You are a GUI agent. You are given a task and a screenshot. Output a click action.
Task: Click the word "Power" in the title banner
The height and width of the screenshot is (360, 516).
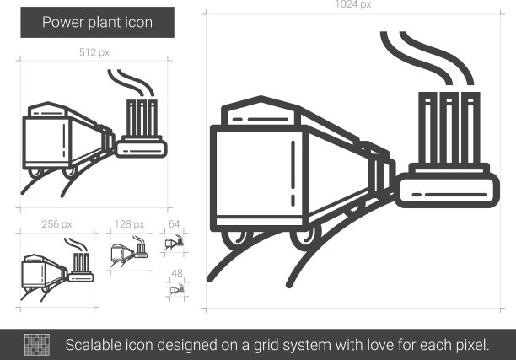[63, 23]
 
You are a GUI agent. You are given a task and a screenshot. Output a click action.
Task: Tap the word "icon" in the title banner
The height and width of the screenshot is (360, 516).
[139, 23]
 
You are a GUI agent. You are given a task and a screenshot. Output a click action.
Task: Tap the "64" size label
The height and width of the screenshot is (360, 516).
[174, 224]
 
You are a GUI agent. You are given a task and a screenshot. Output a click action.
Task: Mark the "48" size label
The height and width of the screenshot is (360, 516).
[177, 273]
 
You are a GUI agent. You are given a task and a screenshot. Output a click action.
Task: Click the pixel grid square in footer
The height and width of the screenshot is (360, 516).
[37, 345]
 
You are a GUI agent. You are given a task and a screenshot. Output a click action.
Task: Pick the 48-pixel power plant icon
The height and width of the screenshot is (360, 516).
[177, 289]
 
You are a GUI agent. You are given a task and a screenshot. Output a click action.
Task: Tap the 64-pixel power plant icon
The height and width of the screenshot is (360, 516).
[174, 242]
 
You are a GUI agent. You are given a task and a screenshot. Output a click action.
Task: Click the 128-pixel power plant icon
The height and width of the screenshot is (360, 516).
[129, 251]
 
